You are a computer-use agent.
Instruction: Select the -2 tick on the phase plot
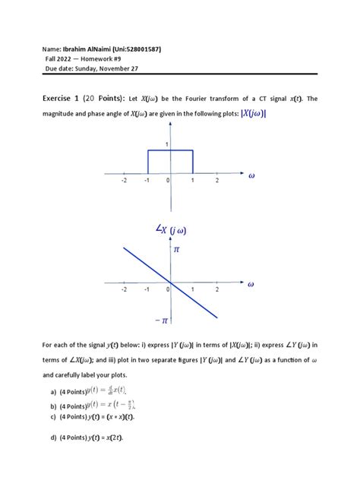click(124, 290)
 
